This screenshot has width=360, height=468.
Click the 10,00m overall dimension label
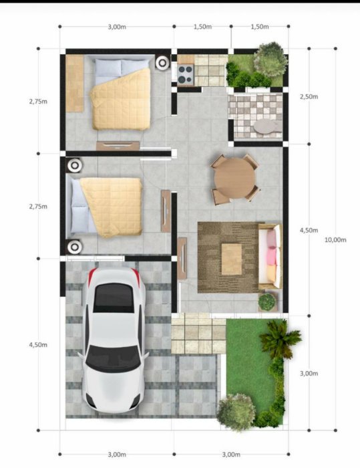335,239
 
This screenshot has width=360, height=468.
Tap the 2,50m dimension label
309,97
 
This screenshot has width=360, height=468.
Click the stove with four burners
186,75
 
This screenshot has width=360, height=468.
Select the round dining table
234,178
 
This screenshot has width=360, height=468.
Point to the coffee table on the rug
232,259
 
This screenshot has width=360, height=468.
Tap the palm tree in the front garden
279,339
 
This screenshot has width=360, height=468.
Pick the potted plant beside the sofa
266,302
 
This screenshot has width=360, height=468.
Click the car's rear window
114,298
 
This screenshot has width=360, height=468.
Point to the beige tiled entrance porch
198,334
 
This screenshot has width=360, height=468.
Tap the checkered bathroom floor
255,115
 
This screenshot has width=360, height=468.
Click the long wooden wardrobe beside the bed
75,84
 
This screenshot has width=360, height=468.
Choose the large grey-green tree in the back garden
271,59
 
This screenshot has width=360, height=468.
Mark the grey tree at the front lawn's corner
236,412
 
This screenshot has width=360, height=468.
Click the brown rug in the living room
228,257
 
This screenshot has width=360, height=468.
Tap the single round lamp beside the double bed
162,63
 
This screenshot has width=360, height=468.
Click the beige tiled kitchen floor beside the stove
211,70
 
